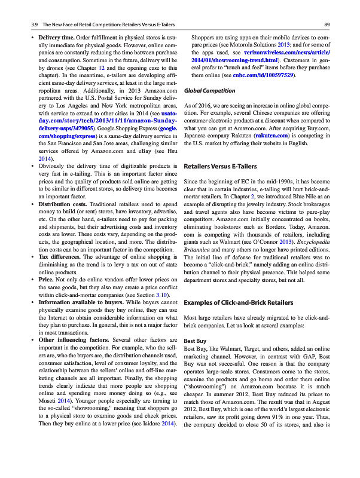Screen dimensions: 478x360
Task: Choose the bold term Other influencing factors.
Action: point(71,341)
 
